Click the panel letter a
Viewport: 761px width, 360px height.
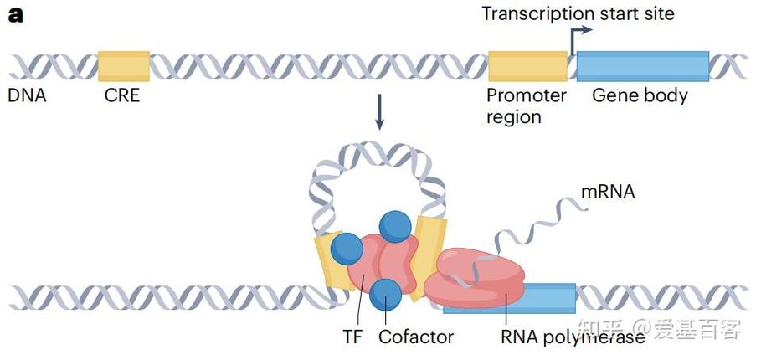tap(16, 15)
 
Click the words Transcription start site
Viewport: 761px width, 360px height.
tap(578, 13)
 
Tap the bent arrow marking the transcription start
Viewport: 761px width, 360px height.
tap(578, 39)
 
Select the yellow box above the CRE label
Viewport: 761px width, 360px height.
tap(124, 66)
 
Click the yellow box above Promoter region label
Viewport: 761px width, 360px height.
tap(527, 66)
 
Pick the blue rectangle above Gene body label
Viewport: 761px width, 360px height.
tap(643, 66)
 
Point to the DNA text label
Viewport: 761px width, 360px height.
tap(27, 95)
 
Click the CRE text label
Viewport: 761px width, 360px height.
tap(122, 95)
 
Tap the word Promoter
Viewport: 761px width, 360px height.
tap(526, 95)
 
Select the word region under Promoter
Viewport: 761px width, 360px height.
tap(514, 117)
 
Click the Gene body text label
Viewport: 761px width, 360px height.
tap(640, 96)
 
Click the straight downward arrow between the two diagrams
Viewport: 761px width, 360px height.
tap(379, 111)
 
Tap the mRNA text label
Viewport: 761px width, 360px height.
tap(608, 192)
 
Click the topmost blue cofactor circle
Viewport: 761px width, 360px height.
tap(395, 227)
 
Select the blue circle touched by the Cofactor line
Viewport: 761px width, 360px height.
tap(385, 295)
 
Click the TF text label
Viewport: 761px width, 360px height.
tap(352, 337)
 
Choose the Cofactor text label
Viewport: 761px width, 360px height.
tap(416, 337)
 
